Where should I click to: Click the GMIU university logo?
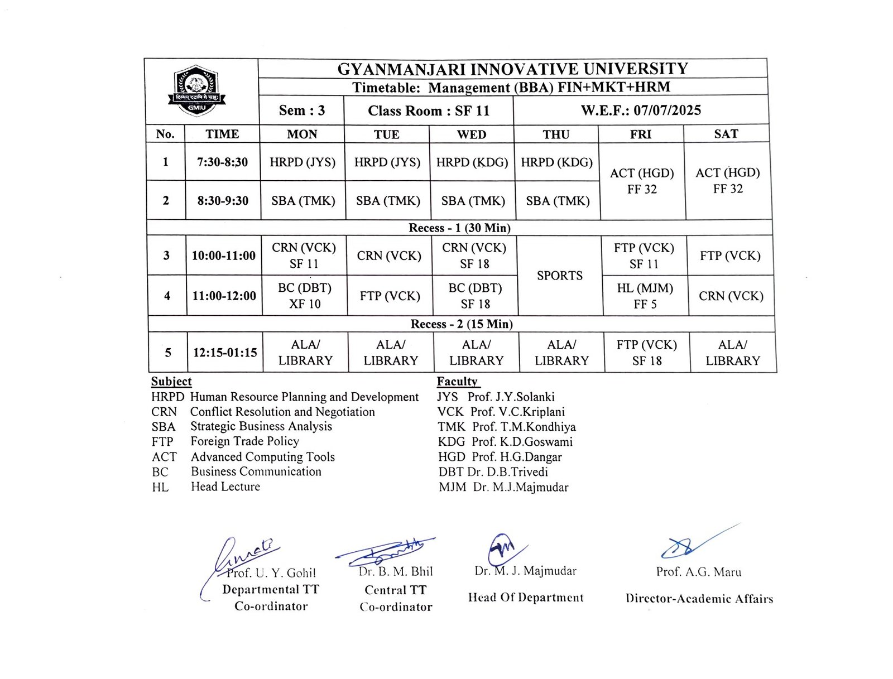(196, 90)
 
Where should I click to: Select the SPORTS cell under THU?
(559, 276)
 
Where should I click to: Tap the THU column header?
(556, 134)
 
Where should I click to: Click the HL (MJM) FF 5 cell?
(645, 296)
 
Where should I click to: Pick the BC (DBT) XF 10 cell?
(305, 296)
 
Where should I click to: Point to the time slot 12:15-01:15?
(225, 353)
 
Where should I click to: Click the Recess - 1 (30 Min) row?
(459, 228)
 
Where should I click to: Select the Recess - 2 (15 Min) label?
(462, 324)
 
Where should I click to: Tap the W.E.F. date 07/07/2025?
(641, 110)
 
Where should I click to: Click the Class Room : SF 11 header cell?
(428, 111)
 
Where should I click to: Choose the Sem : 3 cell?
(301, 110)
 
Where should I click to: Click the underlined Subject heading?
(171, 382)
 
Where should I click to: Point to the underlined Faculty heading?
(457, 382)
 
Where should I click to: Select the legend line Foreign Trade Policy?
(244, 441)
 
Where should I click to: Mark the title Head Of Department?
(526, 598)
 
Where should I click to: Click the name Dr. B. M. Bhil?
(396, 571)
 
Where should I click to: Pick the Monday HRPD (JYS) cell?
(303, 162)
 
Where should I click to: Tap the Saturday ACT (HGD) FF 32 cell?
(727, 181)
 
